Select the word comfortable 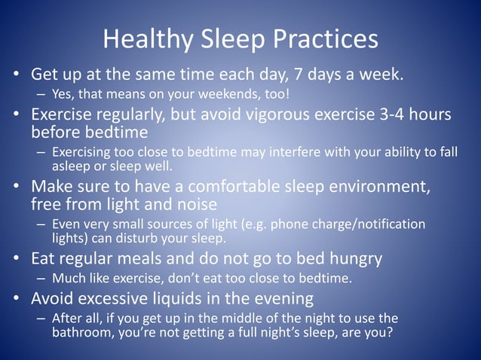coord(239,187)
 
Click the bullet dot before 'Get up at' coord(15,76)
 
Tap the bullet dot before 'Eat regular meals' coord(15,260)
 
